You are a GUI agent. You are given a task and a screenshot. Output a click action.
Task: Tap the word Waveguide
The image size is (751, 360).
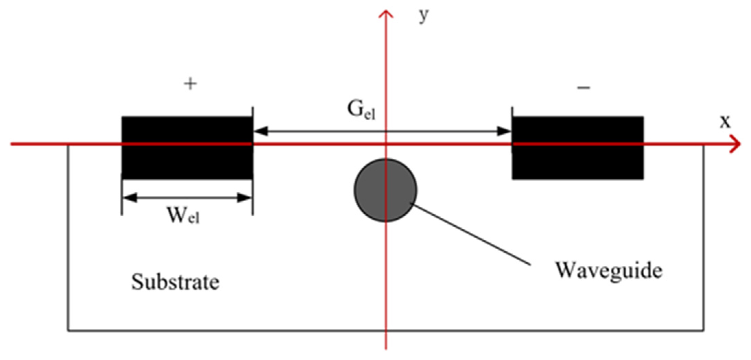point(609,271)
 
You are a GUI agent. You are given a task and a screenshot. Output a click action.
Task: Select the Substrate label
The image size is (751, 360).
point(175,282)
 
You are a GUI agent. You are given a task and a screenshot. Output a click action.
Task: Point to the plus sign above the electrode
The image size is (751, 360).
point(190,84)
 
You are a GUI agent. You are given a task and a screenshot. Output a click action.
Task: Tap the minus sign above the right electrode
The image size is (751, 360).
point(584,88)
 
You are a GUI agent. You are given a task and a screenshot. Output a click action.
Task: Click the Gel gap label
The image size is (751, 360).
point(361,110)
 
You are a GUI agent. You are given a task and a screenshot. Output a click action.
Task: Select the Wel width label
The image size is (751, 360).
point(183,216)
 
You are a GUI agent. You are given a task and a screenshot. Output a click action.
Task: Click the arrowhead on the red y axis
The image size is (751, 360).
point(386,14)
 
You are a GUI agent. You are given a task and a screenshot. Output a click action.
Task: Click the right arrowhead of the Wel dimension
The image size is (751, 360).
point(245,197)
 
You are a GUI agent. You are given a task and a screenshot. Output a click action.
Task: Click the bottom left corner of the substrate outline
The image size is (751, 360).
point(68,331)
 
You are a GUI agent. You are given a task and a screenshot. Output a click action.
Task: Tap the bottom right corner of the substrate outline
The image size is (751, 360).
point(704,331)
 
